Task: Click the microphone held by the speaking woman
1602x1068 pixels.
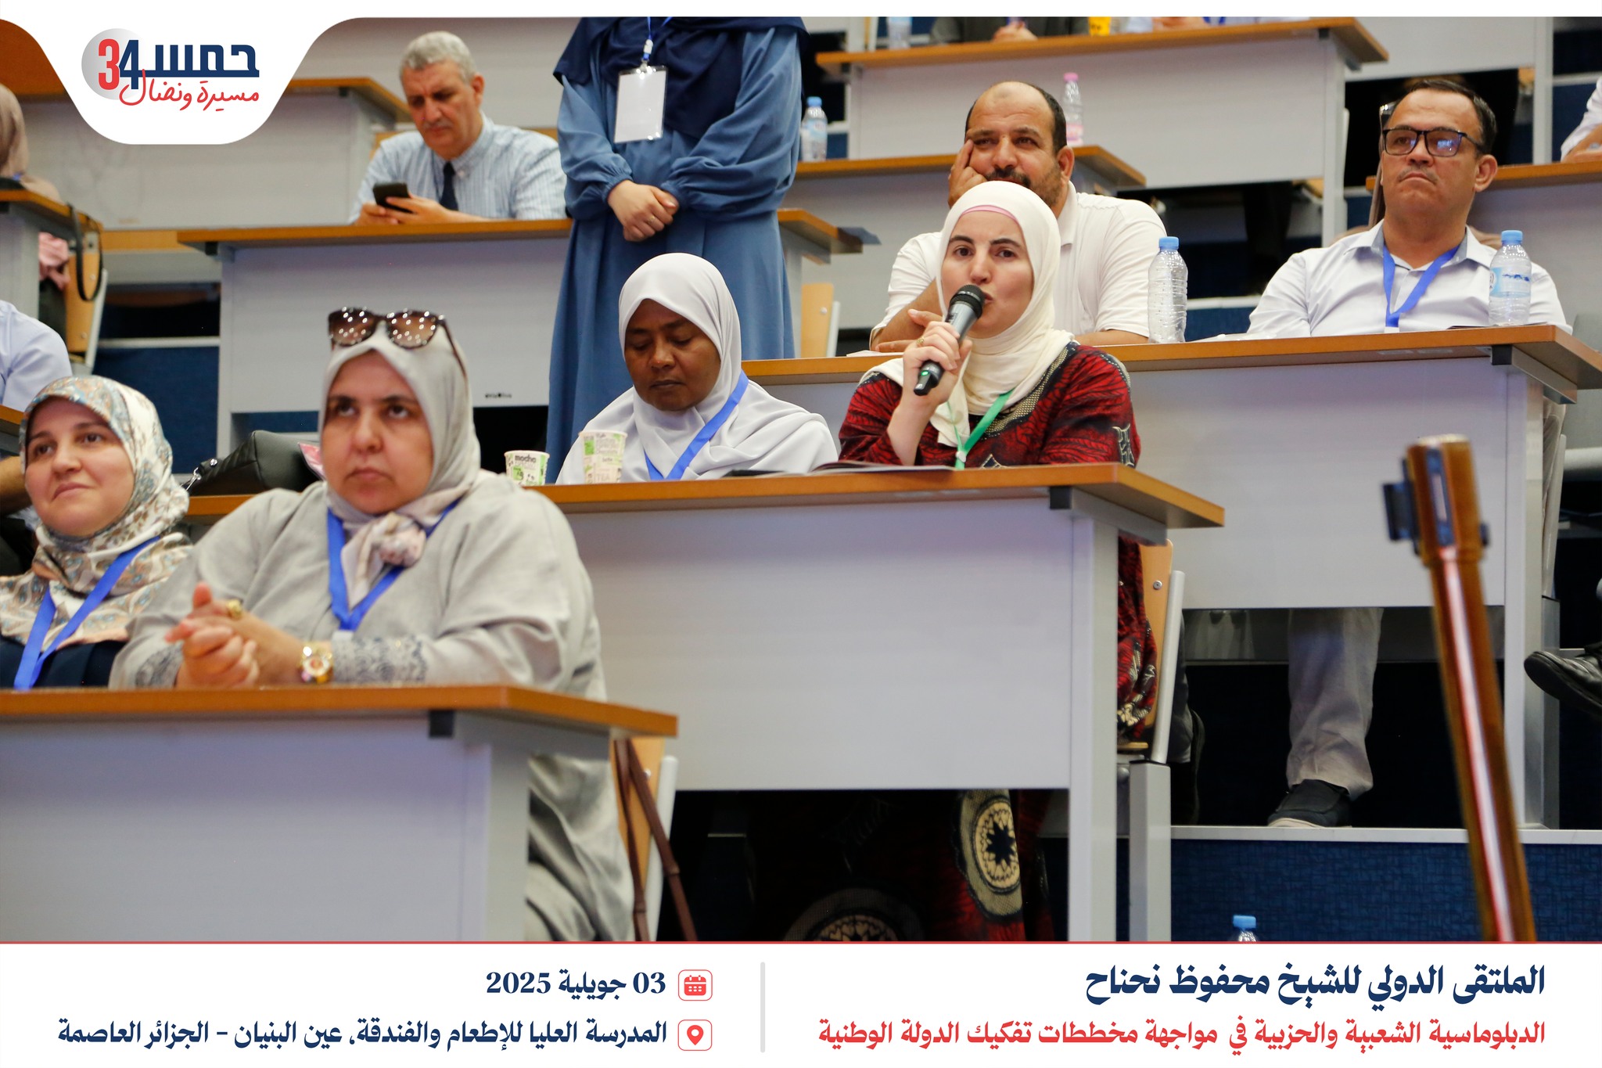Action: (950, 338)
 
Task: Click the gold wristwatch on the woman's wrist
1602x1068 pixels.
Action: (316, 662)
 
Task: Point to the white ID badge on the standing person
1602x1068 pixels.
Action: (640, 104)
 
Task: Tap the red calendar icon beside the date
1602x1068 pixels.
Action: (695, 984)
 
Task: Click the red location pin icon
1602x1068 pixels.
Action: (695, 1034)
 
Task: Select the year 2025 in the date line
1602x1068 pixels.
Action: (519, 983)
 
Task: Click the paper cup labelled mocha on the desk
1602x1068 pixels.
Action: (526, 466)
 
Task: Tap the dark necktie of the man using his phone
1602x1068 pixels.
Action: (449, 185)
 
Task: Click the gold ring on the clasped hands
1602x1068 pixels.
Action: (232, 608)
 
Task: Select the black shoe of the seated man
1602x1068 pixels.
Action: (1310, 804)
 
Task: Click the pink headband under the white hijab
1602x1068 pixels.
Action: (988, 212)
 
